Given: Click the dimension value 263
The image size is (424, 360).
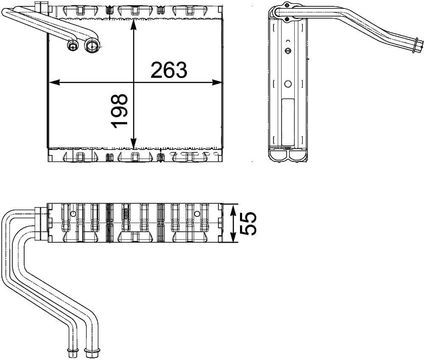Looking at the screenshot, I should click(x=169, y=70).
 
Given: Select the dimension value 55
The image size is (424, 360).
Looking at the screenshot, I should click(x=248, y=223).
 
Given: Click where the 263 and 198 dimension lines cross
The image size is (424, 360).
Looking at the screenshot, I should click(x=134, y=83).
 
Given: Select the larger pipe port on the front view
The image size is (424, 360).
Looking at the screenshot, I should click(x=91, y=45).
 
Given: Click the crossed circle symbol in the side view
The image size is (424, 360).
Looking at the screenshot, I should click(x=288, y=51).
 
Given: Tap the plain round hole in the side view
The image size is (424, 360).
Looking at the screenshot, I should click(x=288, y=84).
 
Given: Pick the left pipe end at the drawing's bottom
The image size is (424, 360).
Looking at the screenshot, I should click(x=71, y=350).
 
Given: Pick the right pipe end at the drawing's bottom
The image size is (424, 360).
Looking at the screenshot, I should click(x=90, y=350).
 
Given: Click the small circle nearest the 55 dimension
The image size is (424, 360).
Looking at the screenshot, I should click(x=197, y=214).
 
